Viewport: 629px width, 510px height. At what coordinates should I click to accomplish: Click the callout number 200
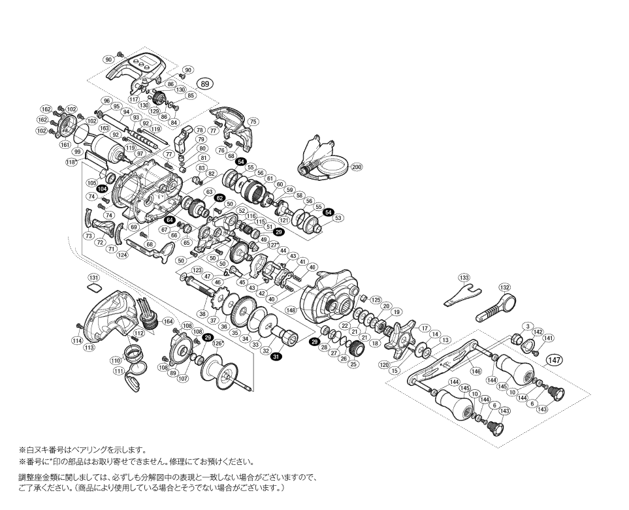coord(356,167)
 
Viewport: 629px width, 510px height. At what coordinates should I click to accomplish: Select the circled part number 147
coord(555,359)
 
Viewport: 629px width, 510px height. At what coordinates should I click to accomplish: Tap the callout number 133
coord(464,278)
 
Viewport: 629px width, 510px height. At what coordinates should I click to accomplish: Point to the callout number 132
coord(504,287)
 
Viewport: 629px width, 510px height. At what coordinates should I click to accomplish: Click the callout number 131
coord(93,277)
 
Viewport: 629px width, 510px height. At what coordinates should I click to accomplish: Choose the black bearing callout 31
coord(276,357)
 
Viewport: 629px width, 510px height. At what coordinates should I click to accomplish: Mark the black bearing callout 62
coord(219,197)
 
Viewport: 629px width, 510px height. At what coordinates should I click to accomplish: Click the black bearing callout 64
coord(169,220)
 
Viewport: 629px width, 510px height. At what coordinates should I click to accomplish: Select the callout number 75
coord(253,121)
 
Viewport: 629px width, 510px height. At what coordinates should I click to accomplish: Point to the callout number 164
coord(168,321)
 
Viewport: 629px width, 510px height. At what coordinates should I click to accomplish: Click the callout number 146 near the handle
coord(476,371)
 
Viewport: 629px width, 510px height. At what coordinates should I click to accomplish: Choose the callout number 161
coord(65,144)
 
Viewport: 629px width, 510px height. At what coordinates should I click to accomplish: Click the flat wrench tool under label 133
coord(462,298)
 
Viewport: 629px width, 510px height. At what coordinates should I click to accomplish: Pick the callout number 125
coord(376,300)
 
